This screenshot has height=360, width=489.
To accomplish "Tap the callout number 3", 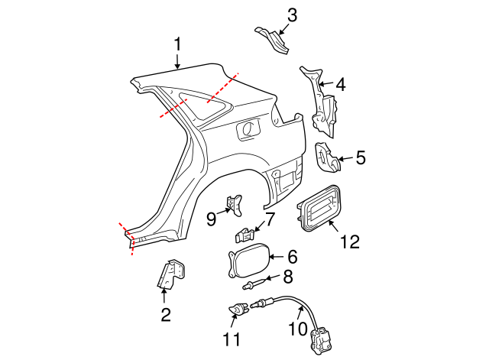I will [293, 15].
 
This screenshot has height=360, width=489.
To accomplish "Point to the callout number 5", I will [360, 158].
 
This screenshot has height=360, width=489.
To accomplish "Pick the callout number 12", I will [349, 242].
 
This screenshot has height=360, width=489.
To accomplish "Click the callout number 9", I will [212, 219].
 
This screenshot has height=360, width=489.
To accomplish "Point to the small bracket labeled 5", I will [327, 157].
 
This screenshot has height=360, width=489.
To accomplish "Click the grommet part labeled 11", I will [236, 311].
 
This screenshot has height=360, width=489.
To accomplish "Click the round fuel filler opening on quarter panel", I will [248, 130].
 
